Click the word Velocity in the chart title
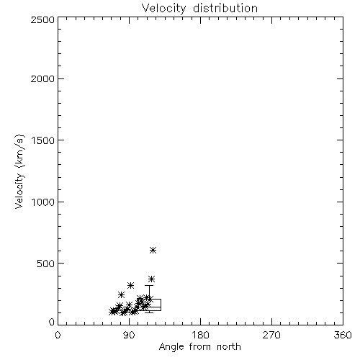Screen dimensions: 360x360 pos(163,9)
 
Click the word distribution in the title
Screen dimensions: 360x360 pos(225,8)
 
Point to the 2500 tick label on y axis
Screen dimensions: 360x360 pos(42,19)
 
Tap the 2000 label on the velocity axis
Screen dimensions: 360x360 pos(42,79)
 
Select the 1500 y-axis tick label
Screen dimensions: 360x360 pos(43,140)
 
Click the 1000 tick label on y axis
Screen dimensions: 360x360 pos(43,202)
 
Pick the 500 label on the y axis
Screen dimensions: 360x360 pos(46,264)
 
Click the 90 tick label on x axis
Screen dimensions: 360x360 pos(129,335)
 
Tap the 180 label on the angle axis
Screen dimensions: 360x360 pos(200,335)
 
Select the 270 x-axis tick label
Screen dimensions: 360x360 pos(271,335)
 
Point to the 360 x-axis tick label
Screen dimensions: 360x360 pos(343,335)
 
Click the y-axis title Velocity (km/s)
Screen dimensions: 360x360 pos(19,171)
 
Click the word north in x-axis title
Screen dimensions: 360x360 pos(229,347)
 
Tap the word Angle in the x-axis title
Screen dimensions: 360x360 pos(171,347)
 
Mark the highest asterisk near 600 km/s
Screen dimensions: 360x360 pos(153,251)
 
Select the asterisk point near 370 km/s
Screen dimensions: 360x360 pos(151,279)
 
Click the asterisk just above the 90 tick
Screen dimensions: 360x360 pos(130,285)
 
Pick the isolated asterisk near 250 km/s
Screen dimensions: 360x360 pos(121,294)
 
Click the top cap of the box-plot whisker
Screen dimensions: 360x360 pos(149,285)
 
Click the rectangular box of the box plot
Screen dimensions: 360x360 pos(161,305)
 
